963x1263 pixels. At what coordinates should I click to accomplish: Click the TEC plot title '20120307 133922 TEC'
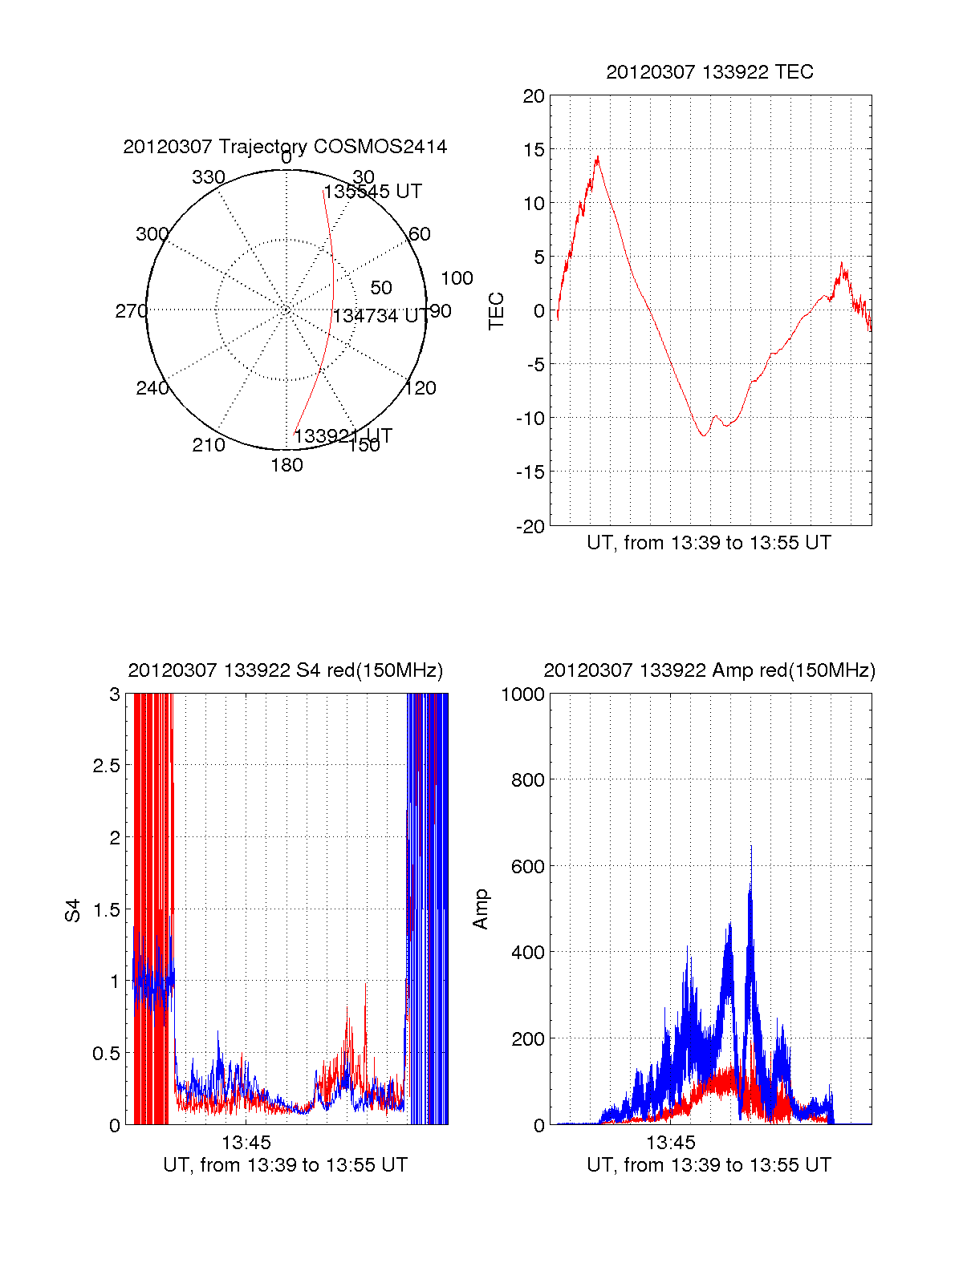(x=709, y=72)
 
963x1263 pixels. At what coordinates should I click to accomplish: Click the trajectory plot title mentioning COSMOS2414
(x=285, y=147)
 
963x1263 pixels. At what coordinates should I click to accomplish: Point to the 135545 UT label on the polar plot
(x=372, y=192)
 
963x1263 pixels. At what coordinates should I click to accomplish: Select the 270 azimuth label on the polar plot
(x=131, y=311)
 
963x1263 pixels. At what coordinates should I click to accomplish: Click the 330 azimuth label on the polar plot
(x=208, y=177)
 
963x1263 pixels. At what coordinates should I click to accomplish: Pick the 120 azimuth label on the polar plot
(x=421, y=389)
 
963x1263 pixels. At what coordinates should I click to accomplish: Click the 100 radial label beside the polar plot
(x=457, y=278)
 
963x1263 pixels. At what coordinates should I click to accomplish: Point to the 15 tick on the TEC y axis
(x=534, y=150)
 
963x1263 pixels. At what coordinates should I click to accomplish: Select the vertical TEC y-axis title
(x=497, y=311)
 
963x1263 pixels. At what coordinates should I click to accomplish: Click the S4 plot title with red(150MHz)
(x=285, y=670)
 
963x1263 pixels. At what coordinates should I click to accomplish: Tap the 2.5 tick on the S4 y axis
(x=106, y=766)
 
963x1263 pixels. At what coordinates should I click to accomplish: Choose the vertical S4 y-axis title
(x=73, y=910)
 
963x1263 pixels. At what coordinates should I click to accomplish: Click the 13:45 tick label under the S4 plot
(x=246, y=1142)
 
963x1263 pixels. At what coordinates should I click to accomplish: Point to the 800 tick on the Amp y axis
(x=527, y=780)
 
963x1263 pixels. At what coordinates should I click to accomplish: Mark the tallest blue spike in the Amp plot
(x=751, y=847)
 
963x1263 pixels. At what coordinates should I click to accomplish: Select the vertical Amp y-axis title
(x=480, y=909)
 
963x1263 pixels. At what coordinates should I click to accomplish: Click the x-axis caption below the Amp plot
(x=709, y=1165)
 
